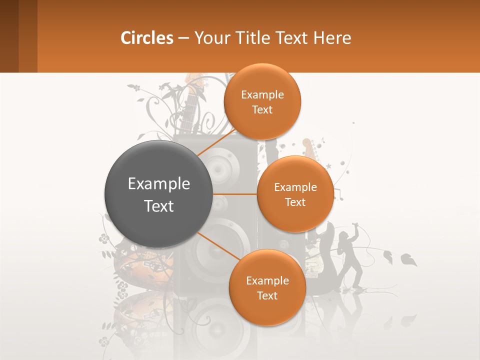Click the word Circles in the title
click(147, 38)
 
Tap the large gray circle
click(158, 194)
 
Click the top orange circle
click(262, 101)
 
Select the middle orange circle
click(295, 194)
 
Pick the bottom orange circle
click(267, 287)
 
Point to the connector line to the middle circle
click(235, 194)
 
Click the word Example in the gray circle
click(158, 184)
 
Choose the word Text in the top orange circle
click(262, 110)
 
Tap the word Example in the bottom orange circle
click(267, 280)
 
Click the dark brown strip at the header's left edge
click(9, 36)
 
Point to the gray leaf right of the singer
click(408, 260)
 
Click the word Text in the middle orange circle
click(295, 202)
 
